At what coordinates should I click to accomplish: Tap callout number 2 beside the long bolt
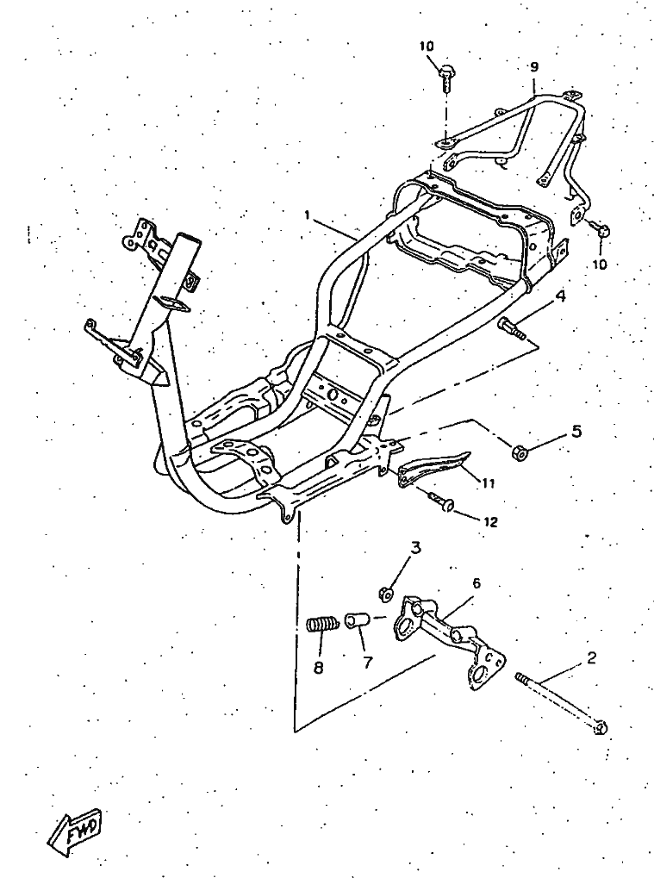click(x=591, y=659)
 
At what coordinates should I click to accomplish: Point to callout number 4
click(x=560, y=296)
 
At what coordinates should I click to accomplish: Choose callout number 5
click(x=576, y=432)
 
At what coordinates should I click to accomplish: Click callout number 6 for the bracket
click(x=476, y=583)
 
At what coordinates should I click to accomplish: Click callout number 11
click(x=488, y=483)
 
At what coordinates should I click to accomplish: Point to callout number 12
click(x=490, y=521)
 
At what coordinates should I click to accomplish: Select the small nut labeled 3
click(x=387, y=593)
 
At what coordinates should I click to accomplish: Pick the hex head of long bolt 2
click(x=601, y=727)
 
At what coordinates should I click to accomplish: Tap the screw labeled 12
click(x=445, y=503)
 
